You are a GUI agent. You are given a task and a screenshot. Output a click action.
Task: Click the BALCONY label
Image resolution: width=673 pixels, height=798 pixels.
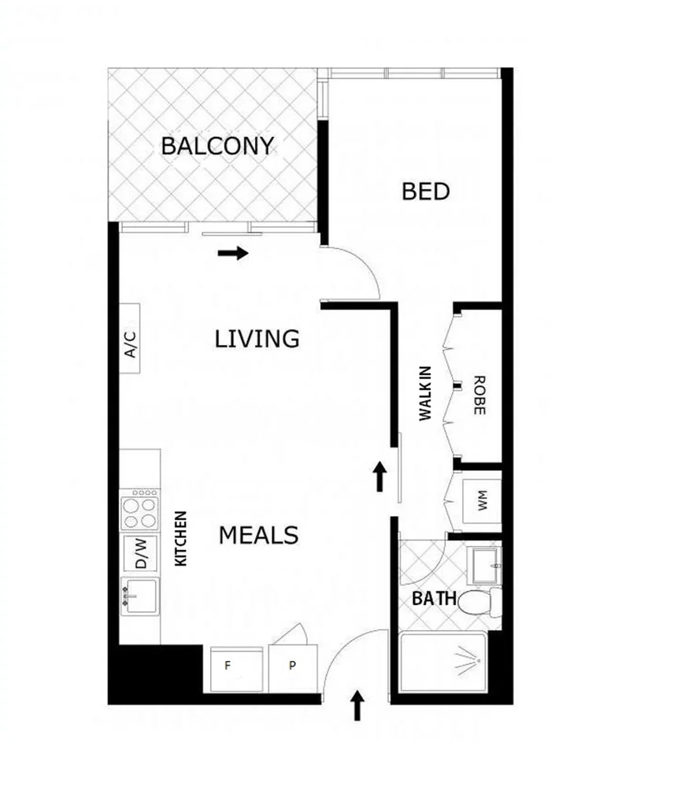(217, 146)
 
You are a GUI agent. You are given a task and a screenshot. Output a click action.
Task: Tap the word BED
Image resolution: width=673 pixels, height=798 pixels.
(425, 191)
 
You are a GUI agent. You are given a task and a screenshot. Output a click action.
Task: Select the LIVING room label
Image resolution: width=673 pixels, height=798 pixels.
(257, 339)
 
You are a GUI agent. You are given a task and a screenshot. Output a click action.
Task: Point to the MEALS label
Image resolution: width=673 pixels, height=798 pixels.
(258, 536)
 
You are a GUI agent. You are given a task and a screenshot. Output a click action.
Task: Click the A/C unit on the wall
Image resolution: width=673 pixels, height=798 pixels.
(131, 339)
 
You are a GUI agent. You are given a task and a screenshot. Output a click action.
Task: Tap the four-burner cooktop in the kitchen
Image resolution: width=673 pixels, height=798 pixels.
(139, 509)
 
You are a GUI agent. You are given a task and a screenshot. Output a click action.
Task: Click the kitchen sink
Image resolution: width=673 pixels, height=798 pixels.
(139, 594)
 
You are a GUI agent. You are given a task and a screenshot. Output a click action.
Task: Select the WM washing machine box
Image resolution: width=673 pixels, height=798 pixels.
(480, 499)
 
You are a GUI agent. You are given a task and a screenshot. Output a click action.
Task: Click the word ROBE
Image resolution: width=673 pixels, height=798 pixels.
(479, 395)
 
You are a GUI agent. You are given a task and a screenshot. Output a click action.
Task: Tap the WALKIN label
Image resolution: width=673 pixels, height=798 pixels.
(426, 393)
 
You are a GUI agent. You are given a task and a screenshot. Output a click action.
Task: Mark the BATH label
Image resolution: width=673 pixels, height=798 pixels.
(434, 598)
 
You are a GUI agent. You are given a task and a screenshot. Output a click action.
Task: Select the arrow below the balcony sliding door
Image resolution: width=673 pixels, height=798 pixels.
(233, 254)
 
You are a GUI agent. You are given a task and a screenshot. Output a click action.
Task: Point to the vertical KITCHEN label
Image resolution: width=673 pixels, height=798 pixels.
(180, 539)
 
